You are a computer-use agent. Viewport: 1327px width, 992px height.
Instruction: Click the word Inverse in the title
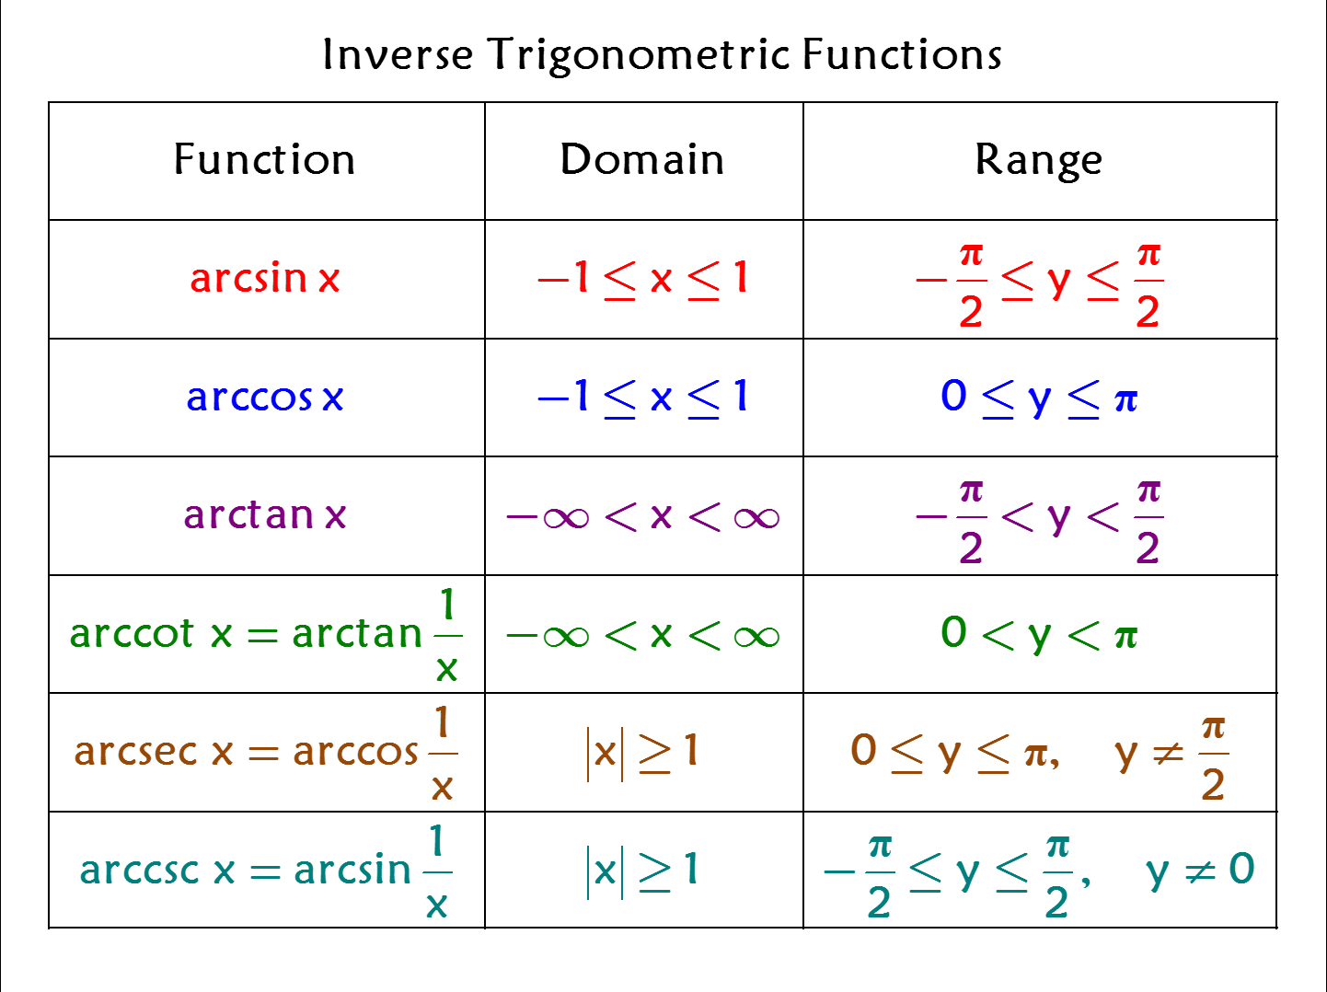click(x=398, y=55)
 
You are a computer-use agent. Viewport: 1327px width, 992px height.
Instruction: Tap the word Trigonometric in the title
click(x=639, y=56)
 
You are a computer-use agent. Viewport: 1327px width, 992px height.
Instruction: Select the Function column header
click(x=265, y=159)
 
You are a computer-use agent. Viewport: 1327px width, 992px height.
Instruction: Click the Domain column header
click(x=642, y=159)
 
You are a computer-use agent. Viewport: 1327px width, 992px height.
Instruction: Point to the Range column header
click(x=1039, y=161)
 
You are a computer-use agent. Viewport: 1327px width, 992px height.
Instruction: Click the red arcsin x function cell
click(x=265, y=278)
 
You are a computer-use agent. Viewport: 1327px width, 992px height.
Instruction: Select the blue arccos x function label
click(x=265, y=398)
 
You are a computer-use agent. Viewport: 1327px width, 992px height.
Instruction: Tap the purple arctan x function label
click(x=265, y=515)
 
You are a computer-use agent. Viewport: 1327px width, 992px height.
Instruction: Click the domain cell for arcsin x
click(x=642, y=280)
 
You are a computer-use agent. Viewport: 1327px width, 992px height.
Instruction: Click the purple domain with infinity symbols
click(x=642, y=518)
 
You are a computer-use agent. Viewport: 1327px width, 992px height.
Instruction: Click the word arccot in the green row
click(x=132, y=633)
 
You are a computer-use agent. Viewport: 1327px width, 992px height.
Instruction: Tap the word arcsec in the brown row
click(x=136, y=752)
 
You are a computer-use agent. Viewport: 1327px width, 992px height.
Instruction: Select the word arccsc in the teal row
click(x=140, y=870)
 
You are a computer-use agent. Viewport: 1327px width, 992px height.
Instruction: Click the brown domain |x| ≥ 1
click(x=642, y=754)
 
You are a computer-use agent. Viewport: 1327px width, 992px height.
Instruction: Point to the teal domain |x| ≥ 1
click(x=642, y=871)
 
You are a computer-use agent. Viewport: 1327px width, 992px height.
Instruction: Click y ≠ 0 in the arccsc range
click(x=1201, y=871)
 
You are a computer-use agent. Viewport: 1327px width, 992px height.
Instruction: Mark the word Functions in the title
click(x=902, y=55)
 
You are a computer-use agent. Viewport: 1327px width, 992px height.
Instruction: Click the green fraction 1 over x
click(x=448, y=635)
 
